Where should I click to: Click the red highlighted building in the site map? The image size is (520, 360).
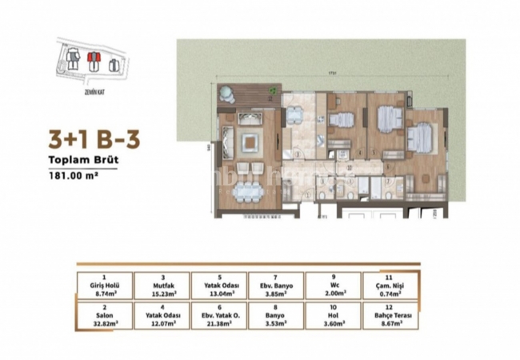click(92, 58)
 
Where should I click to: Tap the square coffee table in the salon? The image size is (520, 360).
click(249, 144)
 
